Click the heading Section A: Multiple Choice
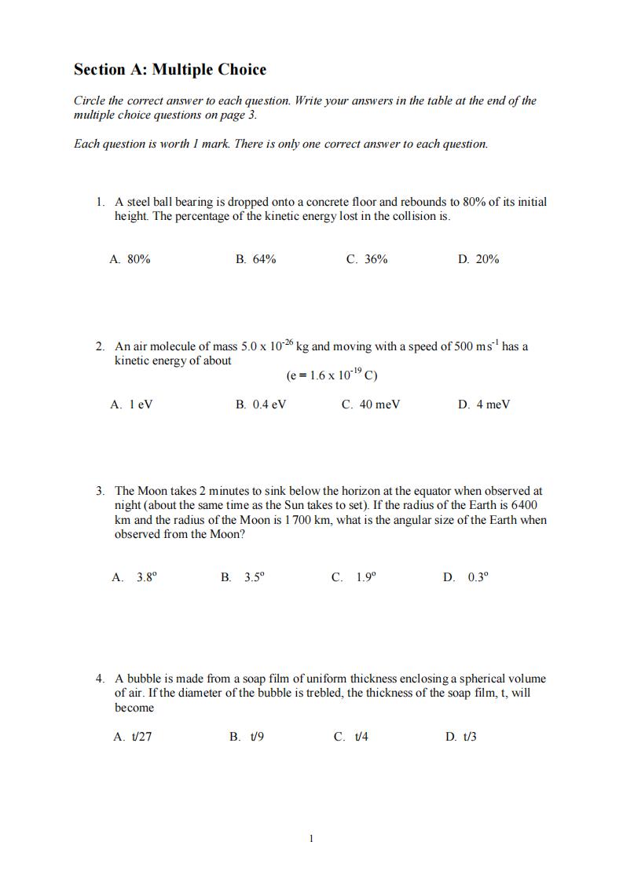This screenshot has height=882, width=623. [170, 70]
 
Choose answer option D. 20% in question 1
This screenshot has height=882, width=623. [478, 259]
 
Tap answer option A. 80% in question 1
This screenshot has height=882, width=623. [130, 259]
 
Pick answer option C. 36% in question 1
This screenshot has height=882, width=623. [366, 259]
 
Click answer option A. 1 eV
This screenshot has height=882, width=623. [131, 404]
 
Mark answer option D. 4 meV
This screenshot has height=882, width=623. [483, 404]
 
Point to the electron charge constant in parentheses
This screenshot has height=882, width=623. [332, 375]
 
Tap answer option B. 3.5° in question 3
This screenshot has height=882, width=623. [243, 577]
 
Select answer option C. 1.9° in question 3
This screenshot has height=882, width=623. [354, 577]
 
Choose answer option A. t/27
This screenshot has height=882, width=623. [132, 737]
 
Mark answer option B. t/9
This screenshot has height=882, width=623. [246, 737]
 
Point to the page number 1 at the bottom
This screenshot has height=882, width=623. [311, 839]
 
